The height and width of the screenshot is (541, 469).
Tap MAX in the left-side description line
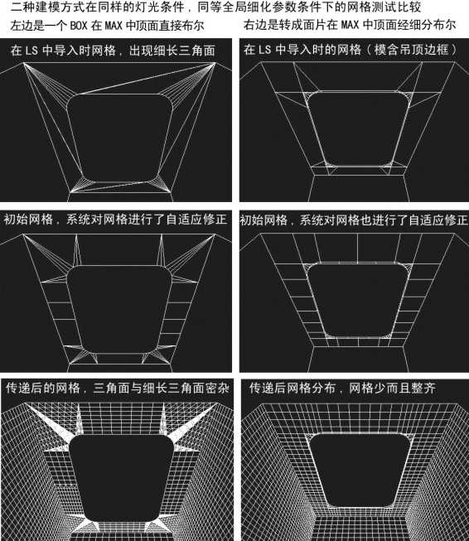(114, 26)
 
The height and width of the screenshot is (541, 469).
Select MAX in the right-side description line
(351, 25)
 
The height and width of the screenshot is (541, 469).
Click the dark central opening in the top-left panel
(120, 138)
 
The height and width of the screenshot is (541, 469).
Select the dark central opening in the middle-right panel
(358, 300)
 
